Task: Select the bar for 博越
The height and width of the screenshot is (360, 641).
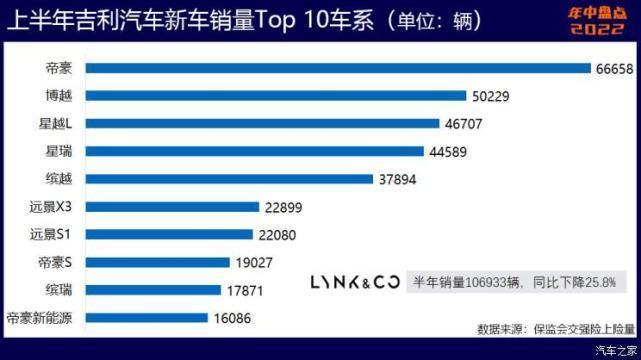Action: pyautogui.click(x=276, y=96)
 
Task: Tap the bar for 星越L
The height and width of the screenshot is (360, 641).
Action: pyautogui.click(x=262, y=124)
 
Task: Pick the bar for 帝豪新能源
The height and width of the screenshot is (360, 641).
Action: pyautogui.click(x=149, y=319)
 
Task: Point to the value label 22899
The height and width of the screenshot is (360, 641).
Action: pyautogui.click(x=282, y=207)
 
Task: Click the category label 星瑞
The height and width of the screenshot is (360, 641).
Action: pyautogui.click(x=59, y=152)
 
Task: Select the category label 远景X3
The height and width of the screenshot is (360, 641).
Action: pyautogui.click(x=51, y=207)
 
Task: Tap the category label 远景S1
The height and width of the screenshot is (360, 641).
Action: pyautogui.click(x=51, y=235)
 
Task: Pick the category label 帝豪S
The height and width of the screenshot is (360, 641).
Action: pyautogui.click(x=55, y=263)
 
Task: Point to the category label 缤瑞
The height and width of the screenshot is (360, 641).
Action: pyautogui.click(x=59, y=291)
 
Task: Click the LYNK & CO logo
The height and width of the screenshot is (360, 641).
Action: pyautogui.click(x=354, y=283)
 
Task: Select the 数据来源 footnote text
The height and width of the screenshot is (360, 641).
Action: pyautogui.click(x=555, y=328)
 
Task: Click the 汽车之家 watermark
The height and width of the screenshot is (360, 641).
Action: pyautogui.click(x=612, y=350)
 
